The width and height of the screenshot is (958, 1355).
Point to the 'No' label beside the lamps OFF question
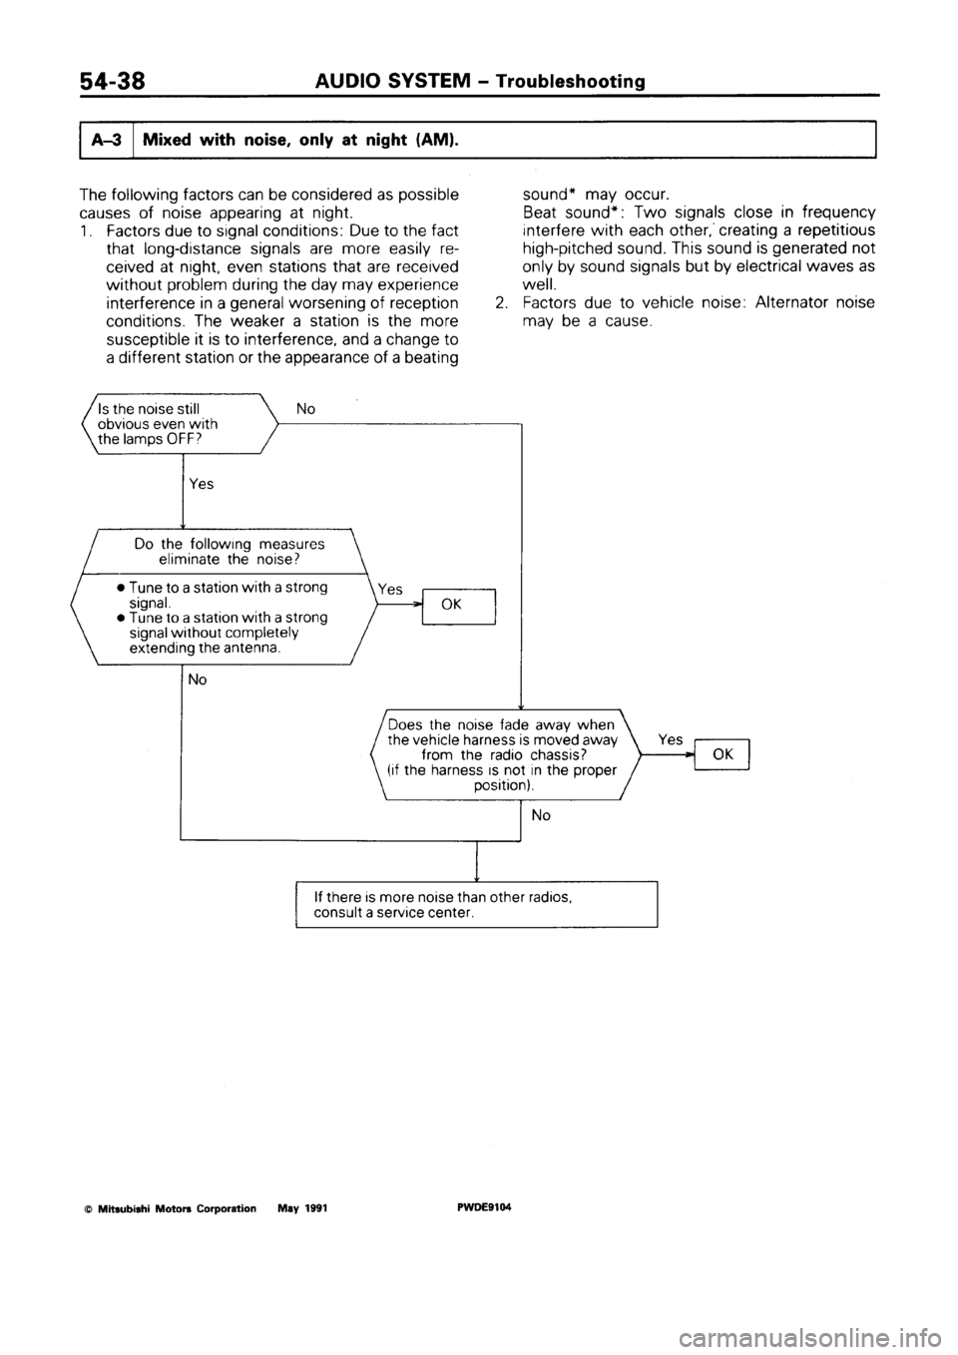(x=305, y=408)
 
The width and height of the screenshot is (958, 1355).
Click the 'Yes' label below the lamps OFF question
(x=201, y=483)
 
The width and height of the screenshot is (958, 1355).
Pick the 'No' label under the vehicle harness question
(x=541, y=815)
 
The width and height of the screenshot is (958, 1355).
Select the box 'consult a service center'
(x=475, y=905)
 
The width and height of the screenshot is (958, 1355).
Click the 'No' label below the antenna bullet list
(x=198, y=679)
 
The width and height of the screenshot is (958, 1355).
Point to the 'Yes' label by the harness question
(x=671, y=739)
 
